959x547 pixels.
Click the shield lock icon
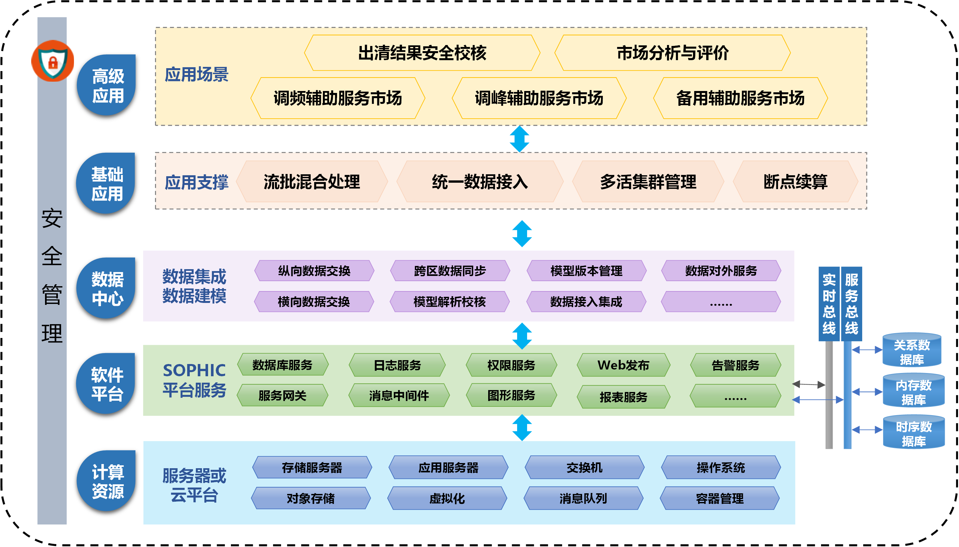click(53, 61)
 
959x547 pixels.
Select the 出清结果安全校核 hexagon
click(422, 53)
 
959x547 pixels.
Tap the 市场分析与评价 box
click(672, 53)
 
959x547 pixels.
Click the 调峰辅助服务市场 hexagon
click(539, 98)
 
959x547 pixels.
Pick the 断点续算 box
click(795, 182)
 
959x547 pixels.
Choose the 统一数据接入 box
click(480, 182)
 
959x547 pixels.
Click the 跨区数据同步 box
click(450, 270)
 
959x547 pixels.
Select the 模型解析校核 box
click(450, 302)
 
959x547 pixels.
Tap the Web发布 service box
click(623, 365)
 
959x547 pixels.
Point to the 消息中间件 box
click(399, 395)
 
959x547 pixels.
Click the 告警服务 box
click(735, 365)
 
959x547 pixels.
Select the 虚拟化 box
click(447, 498)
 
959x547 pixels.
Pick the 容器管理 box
click(720, 498)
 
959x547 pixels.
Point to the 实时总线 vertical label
click(829, 304)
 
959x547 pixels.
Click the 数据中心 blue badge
click(107, 288)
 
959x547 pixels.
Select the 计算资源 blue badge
click(107, 481)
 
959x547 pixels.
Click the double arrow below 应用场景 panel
click(519, 139)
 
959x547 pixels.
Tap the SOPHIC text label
click(194, 370)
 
